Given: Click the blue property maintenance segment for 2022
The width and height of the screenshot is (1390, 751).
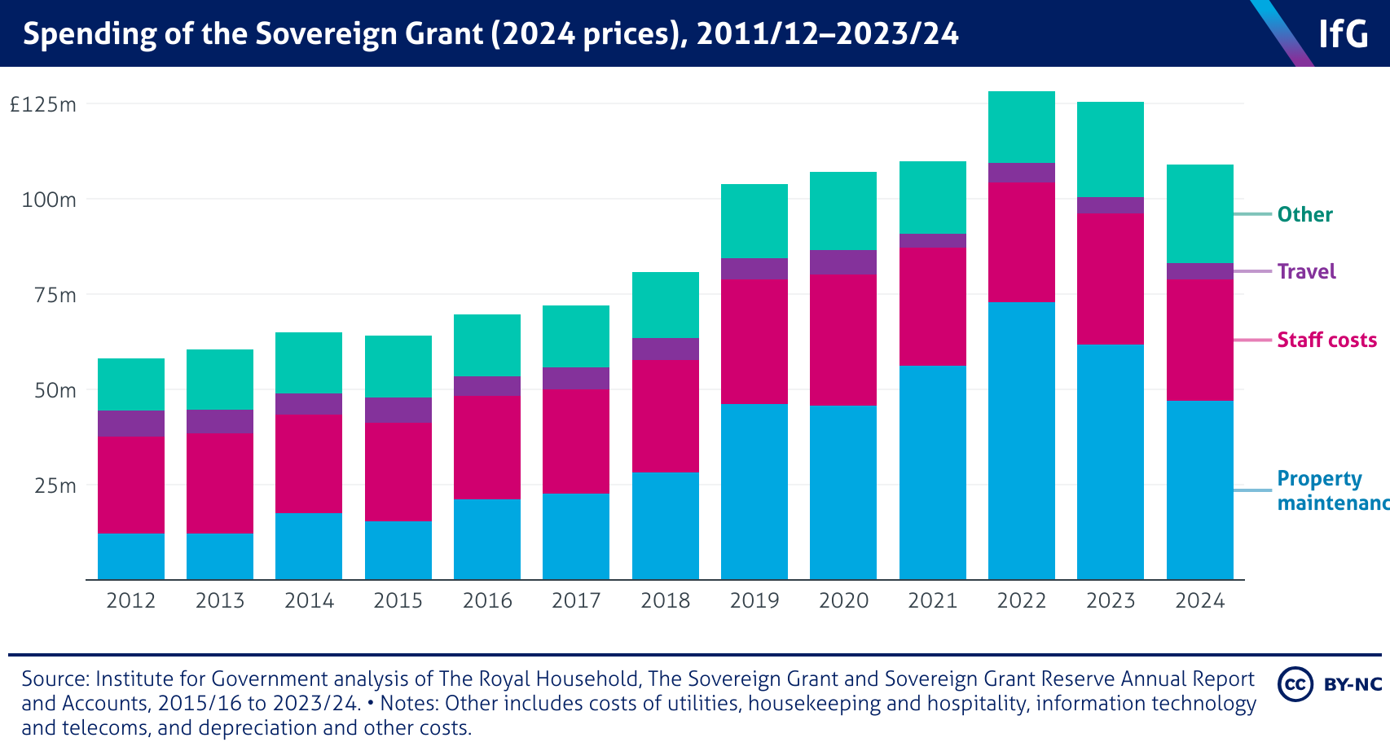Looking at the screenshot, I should click(x=1021, y=441).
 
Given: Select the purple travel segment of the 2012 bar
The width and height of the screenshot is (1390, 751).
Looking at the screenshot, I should click(x=130, y=424).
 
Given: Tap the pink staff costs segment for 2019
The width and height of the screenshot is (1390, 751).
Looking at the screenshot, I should click(x=754, y=342).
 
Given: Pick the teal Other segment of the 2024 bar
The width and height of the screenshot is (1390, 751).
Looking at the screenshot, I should click(x=1199, y=213).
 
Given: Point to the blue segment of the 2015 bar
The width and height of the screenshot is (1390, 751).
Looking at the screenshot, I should click(x=398, y=551).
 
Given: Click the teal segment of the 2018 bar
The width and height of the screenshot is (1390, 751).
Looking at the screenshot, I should click(x=665, y=305).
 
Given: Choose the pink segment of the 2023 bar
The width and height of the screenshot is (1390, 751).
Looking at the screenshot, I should click(x=1110, y=279).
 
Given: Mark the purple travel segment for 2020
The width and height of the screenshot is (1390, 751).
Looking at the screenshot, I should click(x=842, y=262).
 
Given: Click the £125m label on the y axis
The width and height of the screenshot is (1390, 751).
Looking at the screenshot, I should click(x=42, y=104).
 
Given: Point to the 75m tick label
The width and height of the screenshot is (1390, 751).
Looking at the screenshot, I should click(x=55, y=295).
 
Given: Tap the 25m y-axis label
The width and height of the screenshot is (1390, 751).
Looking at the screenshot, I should click(x=55, y=485).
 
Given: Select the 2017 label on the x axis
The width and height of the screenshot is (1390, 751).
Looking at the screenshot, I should click(x=576, y=601).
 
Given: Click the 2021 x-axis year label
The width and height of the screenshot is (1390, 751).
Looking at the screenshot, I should click(x=932, y=601).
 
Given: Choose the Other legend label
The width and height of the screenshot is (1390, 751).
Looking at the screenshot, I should click(x=1304, y=214).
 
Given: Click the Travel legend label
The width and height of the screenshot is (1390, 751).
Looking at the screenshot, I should click(x=1306, y=271).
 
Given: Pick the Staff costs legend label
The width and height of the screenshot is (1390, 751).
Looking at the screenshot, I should click(x=1326, y=340).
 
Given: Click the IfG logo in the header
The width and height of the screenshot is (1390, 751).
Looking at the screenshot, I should click(x=1343, y=33).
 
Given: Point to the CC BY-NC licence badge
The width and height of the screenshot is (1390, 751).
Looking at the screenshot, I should click(x=1330, y=684).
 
